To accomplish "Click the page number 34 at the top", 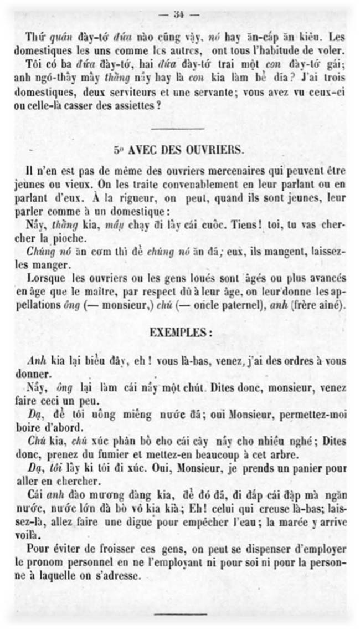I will [x=178, y=15].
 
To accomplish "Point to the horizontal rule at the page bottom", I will [x=180, y=614].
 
